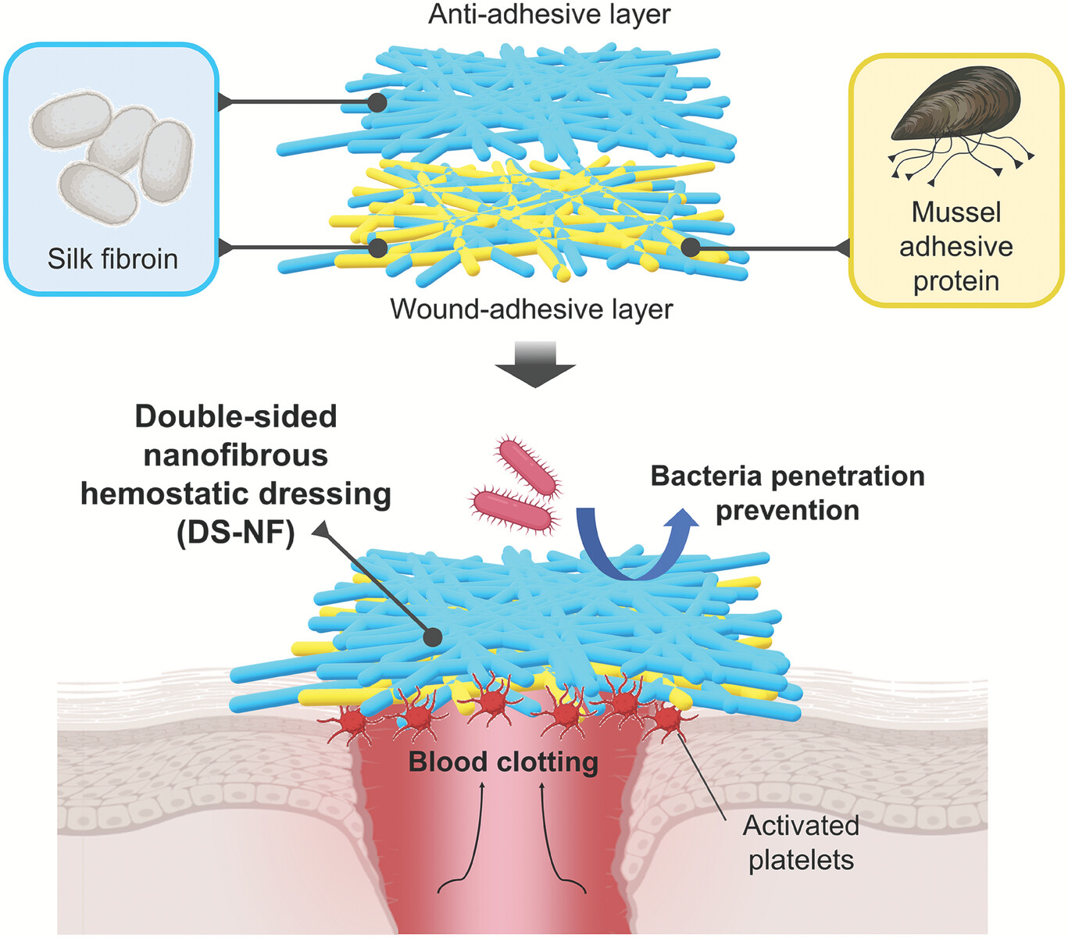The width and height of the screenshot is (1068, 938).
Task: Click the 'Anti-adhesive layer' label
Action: tap(548, 15)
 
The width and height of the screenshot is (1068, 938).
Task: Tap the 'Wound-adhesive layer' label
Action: tap(531, 309)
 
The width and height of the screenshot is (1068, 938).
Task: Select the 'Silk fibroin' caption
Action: tap(113, 259)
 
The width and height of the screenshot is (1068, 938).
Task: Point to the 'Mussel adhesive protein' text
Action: tap(955, 247)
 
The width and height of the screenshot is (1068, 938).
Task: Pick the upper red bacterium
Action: tap(528, 467)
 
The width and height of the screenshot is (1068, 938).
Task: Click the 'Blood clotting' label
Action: tap(503, 761)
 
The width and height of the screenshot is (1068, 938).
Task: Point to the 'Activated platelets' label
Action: tap(801, 843)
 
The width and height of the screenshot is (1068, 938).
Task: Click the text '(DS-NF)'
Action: tap(235, 533)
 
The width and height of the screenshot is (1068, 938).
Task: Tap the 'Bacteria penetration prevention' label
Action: tap(788, 493)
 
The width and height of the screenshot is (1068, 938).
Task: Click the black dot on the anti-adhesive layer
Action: tap(377, 102)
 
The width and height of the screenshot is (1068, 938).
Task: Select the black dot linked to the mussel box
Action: tap(690, 248)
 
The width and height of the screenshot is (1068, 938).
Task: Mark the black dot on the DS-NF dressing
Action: tap(432, 637)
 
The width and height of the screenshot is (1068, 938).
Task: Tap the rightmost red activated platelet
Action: tap(666, 718)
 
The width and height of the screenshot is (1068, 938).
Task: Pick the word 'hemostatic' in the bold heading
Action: tap(235, 494)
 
